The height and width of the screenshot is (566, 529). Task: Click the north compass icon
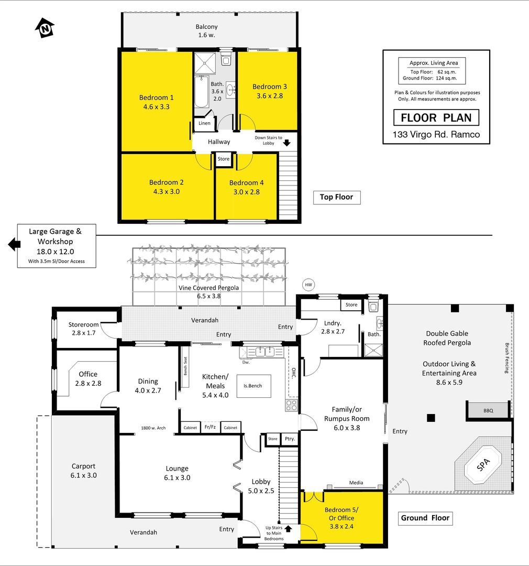click(45, 28)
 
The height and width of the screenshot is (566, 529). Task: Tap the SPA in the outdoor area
click(483, 464)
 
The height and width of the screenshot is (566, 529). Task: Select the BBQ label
click(488, 411)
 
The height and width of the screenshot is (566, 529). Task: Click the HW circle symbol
click(308, 285)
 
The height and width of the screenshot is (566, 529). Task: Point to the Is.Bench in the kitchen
click(254, 386)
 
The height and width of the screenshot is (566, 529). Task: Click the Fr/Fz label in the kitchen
click(210, 427)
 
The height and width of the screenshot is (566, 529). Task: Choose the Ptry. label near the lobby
click(290, 439)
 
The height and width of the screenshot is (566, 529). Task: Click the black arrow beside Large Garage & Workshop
click(14, 244)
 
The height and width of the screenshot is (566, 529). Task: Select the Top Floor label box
click(337, 197)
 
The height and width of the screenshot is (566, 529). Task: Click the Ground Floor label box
click(425, 518)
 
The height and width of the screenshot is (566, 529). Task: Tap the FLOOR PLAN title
click(436, 118)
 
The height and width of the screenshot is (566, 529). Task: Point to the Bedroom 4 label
click(247, 183)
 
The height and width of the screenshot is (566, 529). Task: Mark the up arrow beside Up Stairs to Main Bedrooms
click(288, 529)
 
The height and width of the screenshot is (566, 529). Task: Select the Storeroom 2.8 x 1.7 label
click(83, 329)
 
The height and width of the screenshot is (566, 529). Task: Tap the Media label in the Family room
click(356, 483)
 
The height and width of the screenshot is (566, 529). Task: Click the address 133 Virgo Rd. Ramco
click(436, 135)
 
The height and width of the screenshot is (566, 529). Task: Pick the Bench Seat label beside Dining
click(185, 366)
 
